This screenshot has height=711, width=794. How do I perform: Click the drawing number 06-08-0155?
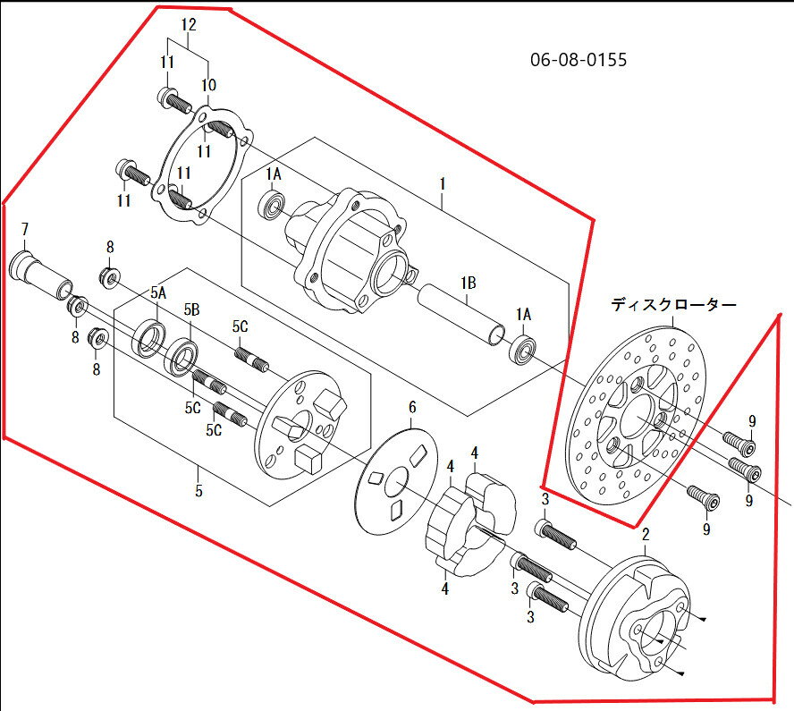tap(579, 60)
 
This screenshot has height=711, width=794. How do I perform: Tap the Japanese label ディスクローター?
tap(673, 305)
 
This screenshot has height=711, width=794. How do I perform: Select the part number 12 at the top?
tap(188, 25)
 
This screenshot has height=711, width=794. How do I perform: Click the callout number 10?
tap(208, 85)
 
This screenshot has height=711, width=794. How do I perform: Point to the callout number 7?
tap(25, 231)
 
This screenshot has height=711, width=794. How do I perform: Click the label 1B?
tap(469, 284)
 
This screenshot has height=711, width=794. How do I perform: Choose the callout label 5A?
tap(158, 292)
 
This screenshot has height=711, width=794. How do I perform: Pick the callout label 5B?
tap(191, 310)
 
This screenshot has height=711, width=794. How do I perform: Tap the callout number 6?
tap(412, 407)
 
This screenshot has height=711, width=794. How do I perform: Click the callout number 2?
tap(646, 534)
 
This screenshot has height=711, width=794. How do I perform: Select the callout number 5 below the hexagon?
tap(198, 490)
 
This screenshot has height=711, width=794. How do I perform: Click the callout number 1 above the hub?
tap(442, 184)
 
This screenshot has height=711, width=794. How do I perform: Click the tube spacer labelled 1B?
tap(461, 315)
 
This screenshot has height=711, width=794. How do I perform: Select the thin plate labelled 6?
tap(397, 480)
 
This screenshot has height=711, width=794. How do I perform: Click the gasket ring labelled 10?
tap(203, 165)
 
